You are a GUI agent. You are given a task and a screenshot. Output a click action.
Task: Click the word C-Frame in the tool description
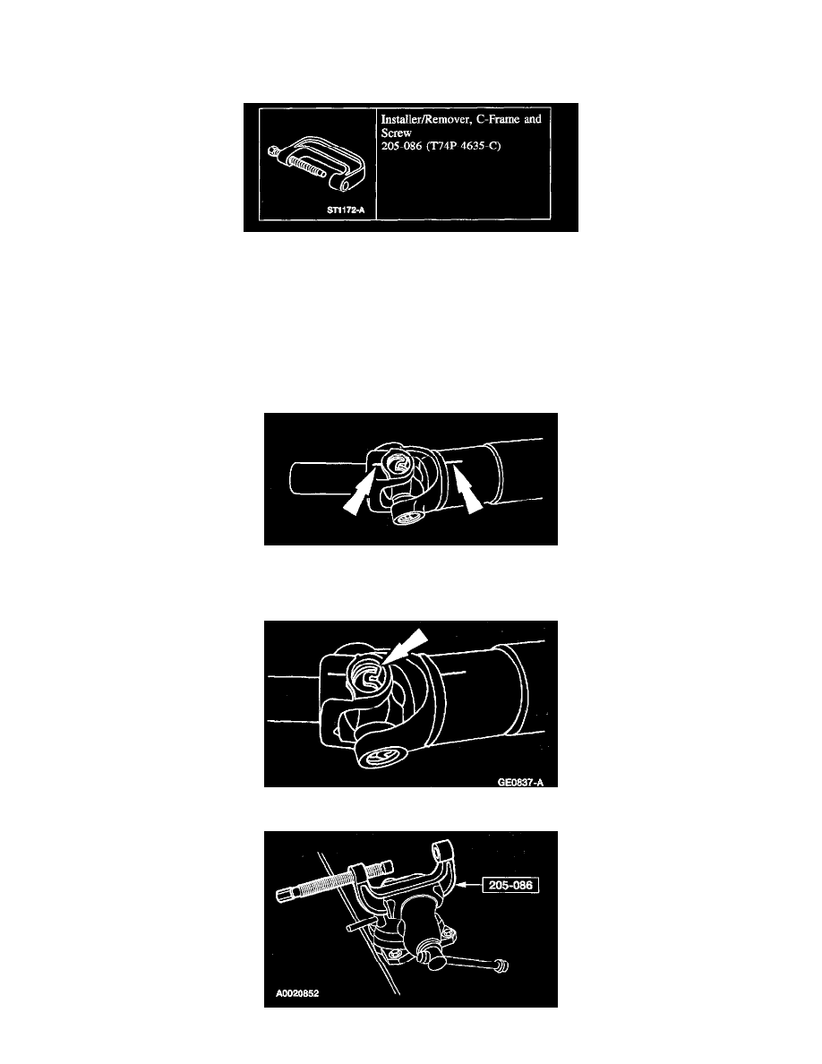pos(499,119)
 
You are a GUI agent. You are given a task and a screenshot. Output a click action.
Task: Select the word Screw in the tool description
pos(396,133)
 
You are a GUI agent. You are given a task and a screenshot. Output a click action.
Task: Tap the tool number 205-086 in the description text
pos(401,146)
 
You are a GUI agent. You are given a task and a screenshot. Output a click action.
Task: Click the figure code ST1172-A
pos(346,210)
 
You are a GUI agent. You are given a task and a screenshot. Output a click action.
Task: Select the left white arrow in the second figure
pos(358,495)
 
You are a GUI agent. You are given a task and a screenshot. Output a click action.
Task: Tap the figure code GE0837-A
pos(520,783)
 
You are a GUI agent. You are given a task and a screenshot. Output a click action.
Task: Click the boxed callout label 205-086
pos(510,885)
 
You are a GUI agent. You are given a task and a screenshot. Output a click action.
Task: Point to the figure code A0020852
pos(297,993)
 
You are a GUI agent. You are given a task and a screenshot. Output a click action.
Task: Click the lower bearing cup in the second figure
pos(407,517)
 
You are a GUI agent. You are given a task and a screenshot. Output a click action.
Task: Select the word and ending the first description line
pos(533,119)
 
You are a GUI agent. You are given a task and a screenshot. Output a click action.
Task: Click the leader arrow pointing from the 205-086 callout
pos(468,885)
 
